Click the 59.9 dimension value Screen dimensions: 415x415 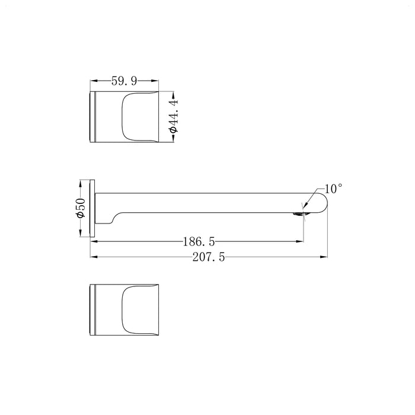(x=124, y=81)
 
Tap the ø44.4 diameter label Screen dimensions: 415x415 (x=174, y=116)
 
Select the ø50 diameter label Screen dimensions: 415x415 (x=81, y=208)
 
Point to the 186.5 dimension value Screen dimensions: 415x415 (x=199, y=241)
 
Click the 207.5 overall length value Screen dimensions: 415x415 (x=209, y=257)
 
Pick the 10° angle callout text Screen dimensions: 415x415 (x=333, y=189)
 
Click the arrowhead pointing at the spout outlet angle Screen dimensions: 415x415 (x=305, y=205)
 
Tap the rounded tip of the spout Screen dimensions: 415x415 (x=325, y=203)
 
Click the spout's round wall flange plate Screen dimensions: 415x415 (x=92, y=209)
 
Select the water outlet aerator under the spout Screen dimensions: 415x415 (x=299, y=215)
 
